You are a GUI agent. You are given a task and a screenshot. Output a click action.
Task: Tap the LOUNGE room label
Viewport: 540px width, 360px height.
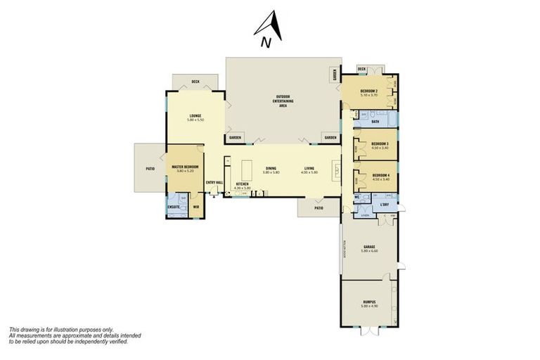[195, 116]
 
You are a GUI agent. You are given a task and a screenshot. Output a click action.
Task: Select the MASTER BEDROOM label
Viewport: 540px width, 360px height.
[185, 167]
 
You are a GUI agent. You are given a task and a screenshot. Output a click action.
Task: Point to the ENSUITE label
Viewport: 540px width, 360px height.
[173, 207]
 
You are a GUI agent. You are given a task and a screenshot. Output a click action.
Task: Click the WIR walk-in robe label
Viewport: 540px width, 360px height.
[196, 207]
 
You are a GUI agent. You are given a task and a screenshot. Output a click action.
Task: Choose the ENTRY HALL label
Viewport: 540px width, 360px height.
[214, 183]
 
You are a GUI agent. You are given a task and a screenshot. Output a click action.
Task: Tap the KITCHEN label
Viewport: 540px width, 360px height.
[242, 184]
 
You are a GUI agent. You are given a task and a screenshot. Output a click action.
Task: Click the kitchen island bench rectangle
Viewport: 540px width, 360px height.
[247, 169]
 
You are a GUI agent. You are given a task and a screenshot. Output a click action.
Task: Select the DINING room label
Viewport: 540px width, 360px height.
[271, 168]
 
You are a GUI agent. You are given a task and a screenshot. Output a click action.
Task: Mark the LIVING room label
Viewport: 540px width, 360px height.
[309, 168]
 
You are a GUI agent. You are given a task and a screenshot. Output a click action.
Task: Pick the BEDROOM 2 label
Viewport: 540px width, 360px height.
[370, 91]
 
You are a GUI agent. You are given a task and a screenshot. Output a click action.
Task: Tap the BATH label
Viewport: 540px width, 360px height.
[375, 122]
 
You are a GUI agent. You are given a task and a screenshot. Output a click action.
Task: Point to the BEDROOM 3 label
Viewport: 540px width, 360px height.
[380, 144]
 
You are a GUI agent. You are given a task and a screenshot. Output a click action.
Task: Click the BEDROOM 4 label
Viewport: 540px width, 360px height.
[380, 174]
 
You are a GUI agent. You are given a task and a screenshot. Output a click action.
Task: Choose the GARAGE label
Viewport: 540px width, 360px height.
[369, 247]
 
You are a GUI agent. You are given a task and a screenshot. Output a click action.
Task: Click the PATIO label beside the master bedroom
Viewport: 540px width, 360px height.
[149, 168]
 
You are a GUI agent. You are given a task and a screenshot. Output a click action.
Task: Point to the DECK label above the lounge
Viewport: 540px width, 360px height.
[195, 82]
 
